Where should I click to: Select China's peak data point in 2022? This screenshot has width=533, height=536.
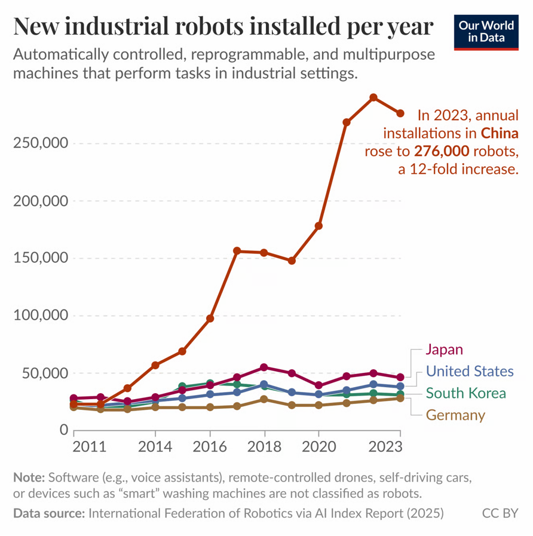373,97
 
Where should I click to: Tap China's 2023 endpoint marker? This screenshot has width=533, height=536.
400,114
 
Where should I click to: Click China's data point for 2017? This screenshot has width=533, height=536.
237,251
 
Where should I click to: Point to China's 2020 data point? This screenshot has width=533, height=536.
318,226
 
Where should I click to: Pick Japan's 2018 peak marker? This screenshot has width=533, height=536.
264,367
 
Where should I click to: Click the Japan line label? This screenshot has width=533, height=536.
444,350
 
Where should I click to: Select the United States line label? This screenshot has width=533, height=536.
470,372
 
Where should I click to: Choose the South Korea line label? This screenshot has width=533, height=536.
465,393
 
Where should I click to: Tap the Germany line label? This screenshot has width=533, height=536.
455,415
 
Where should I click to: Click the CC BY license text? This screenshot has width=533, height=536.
500,513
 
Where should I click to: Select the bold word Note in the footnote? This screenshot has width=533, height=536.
28,477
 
